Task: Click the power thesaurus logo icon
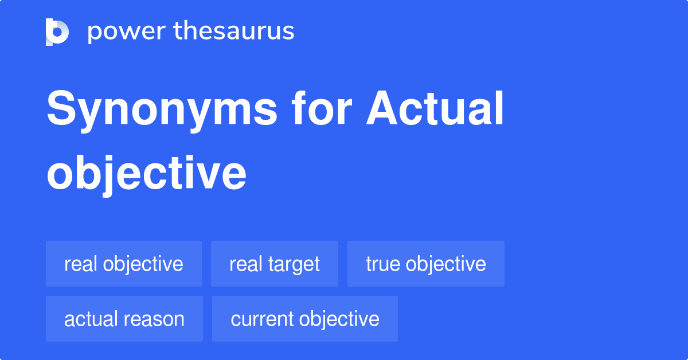pyautogui.click(x=57, y=32)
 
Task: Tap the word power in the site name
pyautogui.click(x=127, y=32)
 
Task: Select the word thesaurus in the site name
pyautogui.click(x=234, y=30)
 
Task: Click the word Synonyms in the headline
pyautogui.click(x=162, y=110)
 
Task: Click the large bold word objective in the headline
pyautogui.click(x=147, y=174)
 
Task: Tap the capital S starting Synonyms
pyautogui.click(x=61, y=108)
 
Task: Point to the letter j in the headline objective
pyautogui.click(x=108, y=176)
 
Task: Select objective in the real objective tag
pyautogui.click(x=143, y=265)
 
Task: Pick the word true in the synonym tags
pyautogui.click(x=383, y=264)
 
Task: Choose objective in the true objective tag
pyautogui.click(x=445, y=265)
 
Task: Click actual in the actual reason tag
pyautogui.click(x=88, y=319)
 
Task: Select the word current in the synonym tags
pyautogui.click(x=262, y=319)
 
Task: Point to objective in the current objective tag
pyautogui.click(x=339, y=320)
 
